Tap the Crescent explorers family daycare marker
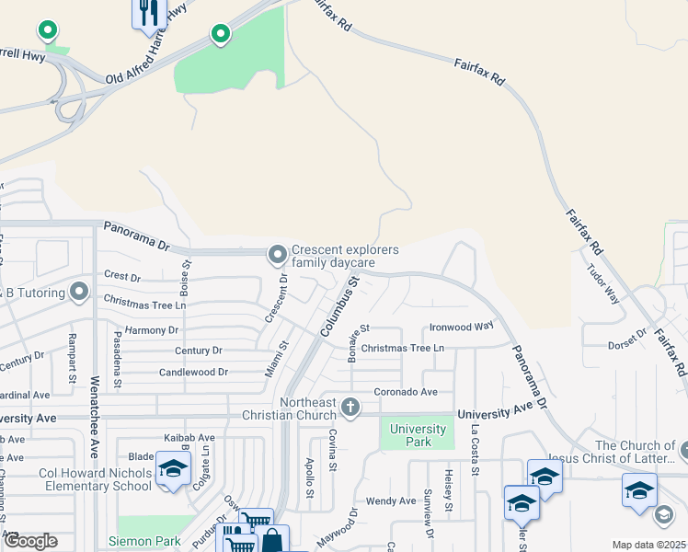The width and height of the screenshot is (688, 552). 277,253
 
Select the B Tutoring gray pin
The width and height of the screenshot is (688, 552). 80,293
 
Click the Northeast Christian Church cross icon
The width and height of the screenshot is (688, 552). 350,406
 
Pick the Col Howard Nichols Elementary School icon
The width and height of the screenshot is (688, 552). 172,469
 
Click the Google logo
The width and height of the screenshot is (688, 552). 30,541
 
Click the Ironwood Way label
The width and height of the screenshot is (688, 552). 462,327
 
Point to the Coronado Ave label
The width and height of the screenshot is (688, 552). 405,392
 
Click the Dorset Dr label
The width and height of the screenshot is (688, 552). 628,346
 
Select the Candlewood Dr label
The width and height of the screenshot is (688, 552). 193,373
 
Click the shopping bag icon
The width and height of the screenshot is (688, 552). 274,540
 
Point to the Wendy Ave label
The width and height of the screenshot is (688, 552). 391,501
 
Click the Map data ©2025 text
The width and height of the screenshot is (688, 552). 648,545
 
